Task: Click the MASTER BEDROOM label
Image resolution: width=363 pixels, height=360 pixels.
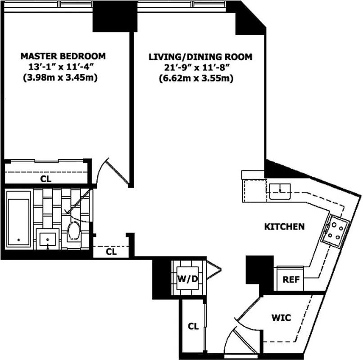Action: pyautogui.click(x=63, y=56)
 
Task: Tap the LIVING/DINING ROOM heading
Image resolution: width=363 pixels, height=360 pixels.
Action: pyautogui.click(x=200, y=57)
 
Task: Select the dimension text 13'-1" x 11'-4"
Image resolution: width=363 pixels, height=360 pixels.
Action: pyautogui.click(x=63, y=67)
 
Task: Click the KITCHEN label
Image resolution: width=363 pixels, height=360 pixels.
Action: pyautogui.click(x=284, y=226)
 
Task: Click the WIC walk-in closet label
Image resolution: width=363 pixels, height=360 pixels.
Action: pyautogui.click(x=281, y=318)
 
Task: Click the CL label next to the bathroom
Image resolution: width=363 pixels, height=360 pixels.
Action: pyautogui.click(x=111, y=252)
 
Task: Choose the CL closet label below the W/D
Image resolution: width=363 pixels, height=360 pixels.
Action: pyautogui.click(x=193, y=325)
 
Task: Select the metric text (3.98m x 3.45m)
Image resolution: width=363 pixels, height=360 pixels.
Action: pyautogui.click(x=63, y=78)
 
